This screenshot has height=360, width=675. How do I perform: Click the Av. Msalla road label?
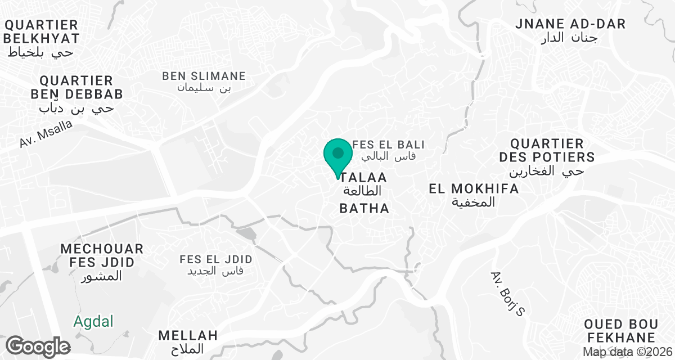pos(46,134)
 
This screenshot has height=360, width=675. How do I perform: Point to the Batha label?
pos(364,209)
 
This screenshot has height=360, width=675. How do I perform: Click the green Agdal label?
pos(93,322)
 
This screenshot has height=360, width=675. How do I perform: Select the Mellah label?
pos(188,336)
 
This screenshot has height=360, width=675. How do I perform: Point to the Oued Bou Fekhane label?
pos(620,331)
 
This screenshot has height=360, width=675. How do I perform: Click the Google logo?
pos(38,346)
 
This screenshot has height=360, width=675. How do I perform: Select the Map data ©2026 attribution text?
pos(627,352)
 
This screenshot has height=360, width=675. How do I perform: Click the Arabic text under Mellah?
pos(188,349)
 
